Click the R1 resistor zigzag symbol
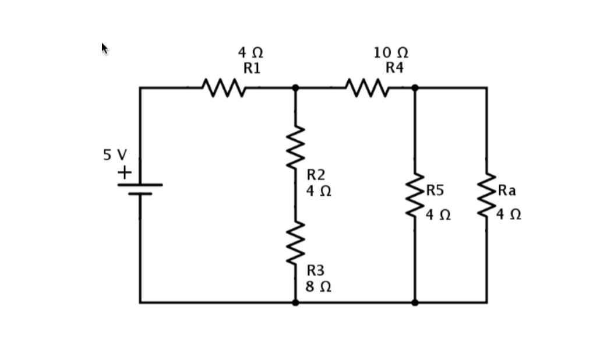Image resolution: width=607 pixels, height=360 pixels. point(224,88)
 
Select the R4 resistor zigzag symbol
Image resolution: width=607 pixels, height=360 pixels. point(367,88)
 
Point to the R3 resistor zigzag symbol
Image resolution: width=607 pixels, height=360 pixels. point(295,242)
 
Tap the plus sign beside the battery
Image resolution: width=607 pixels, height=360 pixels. point(125,172)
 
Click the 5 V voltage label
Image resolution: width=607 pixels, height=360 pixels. point(115,155)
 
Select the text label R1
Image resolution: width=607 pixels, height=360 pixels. point(252,68)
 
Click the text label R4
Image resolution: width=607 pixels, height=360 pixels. point(394,68)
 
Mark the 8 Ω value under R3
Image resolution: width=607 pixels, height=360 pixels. point(319,287)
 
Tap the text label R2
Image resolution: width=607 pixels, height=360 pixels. point(316,175)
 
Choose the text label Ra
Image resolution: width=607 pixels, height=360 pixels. point(506,190)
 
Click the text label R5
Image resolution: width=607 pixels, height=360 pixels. point(435,190)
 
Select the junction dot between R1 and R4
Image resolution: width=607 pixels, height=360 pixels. point(295,88)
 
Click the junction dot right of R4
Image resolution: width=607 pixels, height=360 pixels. point(415,88)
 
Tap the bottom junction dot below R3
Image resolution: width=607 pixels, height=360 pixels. point(295,302)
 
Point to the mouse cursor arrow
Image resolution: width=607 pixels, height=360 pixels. point(105,48)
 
